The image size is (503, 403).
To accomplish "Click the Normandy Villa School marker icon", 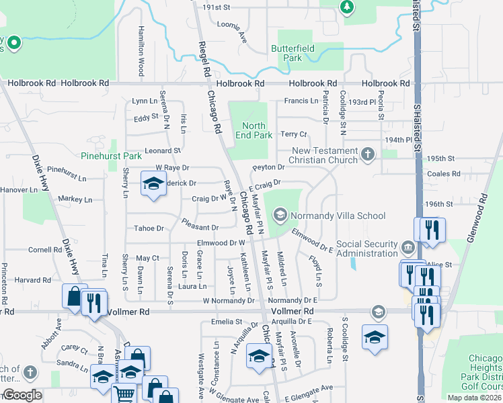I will [281, 216].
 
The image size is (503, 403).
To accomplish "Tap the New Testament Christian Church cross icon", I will [367, 155].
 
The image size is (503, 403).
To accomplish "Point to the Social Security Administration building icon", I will [408, 248].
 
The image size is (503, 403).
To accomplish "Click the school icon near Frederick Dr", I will [153, 183].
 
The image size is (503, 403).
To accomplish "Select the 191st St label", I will [217, 7].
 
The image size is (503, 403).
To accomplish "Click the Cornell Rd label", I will [46, 250].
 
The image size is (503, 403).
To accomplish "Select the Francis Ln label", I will [301, 101].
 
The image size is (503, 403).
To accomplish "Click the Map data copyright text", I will [473, 398].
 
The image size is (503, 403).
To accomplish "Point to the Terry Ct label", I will [294, 134].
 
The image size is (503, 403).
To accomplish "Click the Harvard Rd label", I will [34, 279].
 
